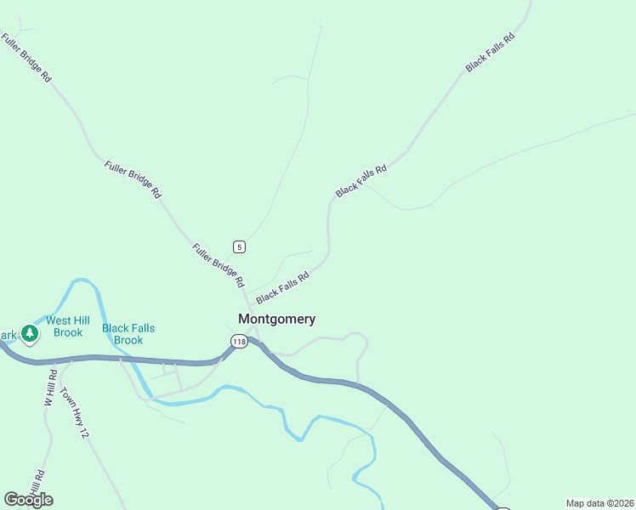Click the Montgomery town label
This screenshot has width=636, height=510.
[x=276, y=320]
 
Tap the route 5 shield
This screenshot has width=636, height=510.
[x=240, y=247]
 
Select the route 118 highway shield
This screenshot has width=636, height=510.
[x=238, y=341]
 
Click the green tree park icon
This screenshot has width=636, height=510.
[x=30, y=333]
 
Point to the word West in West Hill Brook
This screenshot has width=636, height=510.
[x=59, y=320]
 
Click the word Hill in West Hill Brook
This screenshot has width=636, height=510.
[x=82, y=320]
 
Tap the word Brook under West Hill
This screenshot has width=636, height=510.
[x=67, y=332]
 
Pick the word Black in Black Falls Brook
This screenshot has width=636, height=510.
[x=116, y=328]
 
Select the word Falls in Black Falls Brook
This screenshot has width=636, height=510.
[x=143, y=328]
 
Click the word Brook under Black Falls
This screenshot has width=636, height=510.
[x=128, y=340]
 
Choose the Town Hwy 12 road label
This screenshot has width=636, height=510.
[x=73, y=414]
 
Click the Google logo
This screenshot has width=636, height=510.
[x=28, y=500]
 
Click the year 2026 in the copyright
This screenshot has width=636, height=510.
[x=621, y=503]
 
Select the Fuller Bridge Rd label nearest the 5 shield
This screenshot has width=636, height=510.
[x=219, y=265]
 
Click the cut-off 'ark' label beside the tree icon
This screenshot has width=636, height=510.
[x=8, y=335]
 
